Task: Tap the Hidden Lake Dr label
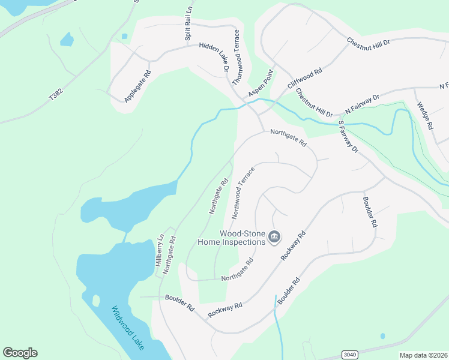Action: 214,57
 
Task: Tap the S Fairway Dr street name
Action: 348,136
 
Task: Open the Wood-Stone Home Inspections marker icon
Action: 274,238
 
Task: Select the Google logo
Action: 20,353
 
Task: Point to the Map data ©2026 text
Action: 423,355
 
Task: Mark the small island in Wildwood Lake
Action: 95,300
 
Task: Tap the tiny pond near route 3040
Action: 382,336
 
